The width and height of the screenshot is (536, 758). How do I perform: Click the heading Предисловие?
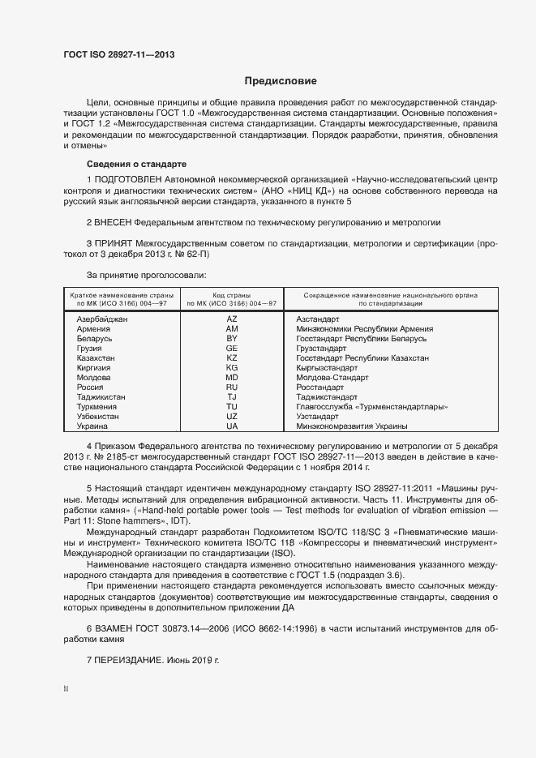tap(281, 81)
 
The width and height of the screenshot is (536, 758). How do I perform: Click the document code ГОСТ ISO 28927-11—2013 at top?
tap(118, 55)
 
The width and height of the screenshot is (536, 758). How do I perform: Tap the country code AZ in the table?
tap(232, 319)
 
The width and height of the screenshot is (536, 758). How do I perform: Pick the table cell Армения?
tap(94, 329)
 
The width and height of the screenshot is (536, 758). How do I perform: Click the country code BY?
tap(232, 338)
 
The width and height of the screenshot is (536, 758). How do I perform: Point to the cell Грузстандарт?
tap(322, 348)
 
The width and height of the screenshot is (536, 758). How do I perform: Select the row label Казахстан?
tap(96, 358)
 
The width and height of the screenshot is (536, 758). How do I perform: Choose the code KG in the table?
tap(232, 367)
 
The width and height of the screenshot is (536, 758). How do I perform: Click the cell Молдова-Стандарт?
tap(332, 378)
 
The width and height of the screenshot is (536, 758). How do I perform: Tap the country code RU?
tap(232, 388)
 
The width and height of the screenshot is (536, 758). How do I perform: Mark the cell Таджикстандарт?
tap(330, 397)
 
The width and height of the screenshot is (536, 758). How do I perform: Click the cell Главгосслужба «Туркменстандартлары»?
tap(372, 407)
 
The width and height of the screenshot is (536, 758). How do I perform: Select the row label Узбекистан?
tap(98, 416)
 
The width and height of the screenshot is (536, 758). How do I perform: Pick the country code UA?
tap(232, 426)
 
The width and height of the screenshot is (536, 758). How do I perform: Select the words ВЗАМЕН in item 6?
tap(114, 628)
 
